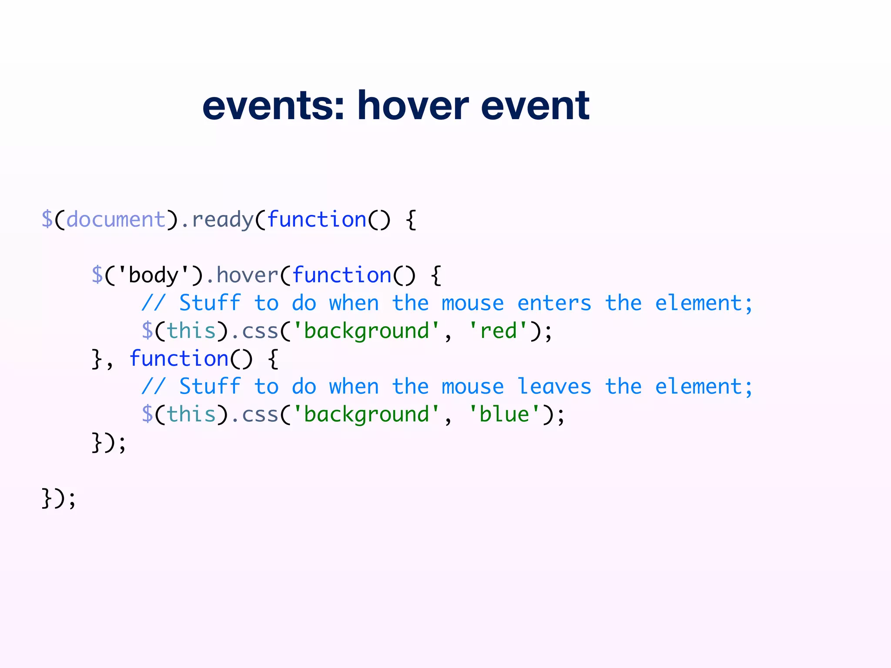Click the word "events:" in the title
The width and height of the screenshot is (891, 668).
273,106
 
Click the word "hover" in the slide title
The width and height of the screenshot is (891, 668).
412,106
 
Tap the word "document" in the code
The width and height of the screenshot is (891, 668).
116,220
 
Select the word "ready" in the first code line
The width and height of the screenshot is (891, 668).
222,220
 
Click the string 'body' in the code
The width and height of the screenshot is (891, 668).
154,275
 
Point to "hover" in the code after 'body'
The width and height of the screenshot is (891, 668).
247,275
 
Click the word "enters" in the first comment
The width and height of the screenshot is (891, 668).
554,303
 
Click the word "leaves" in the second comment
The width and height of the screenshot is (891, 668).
554,387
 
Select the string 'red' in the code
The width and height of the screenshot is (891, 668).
498,331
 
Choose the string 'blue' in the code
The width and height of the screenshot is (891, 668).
504,414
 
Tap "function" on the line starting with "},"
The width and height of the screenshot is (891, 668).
179,359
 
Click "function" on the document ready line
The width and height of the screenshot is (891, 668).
317,220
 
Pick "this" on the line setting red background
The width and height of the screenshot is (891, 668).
191,331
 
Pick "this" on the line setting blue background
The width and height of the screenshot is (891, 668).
191,414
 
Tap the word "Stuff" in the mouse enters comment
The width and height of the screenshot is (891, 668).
210,303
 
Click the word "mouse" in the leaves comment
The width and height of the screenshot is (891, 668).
472,387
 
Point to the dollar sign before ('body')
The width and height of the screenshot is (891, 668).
97,275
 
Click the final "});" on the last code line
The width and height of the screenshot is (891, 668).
59,498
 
